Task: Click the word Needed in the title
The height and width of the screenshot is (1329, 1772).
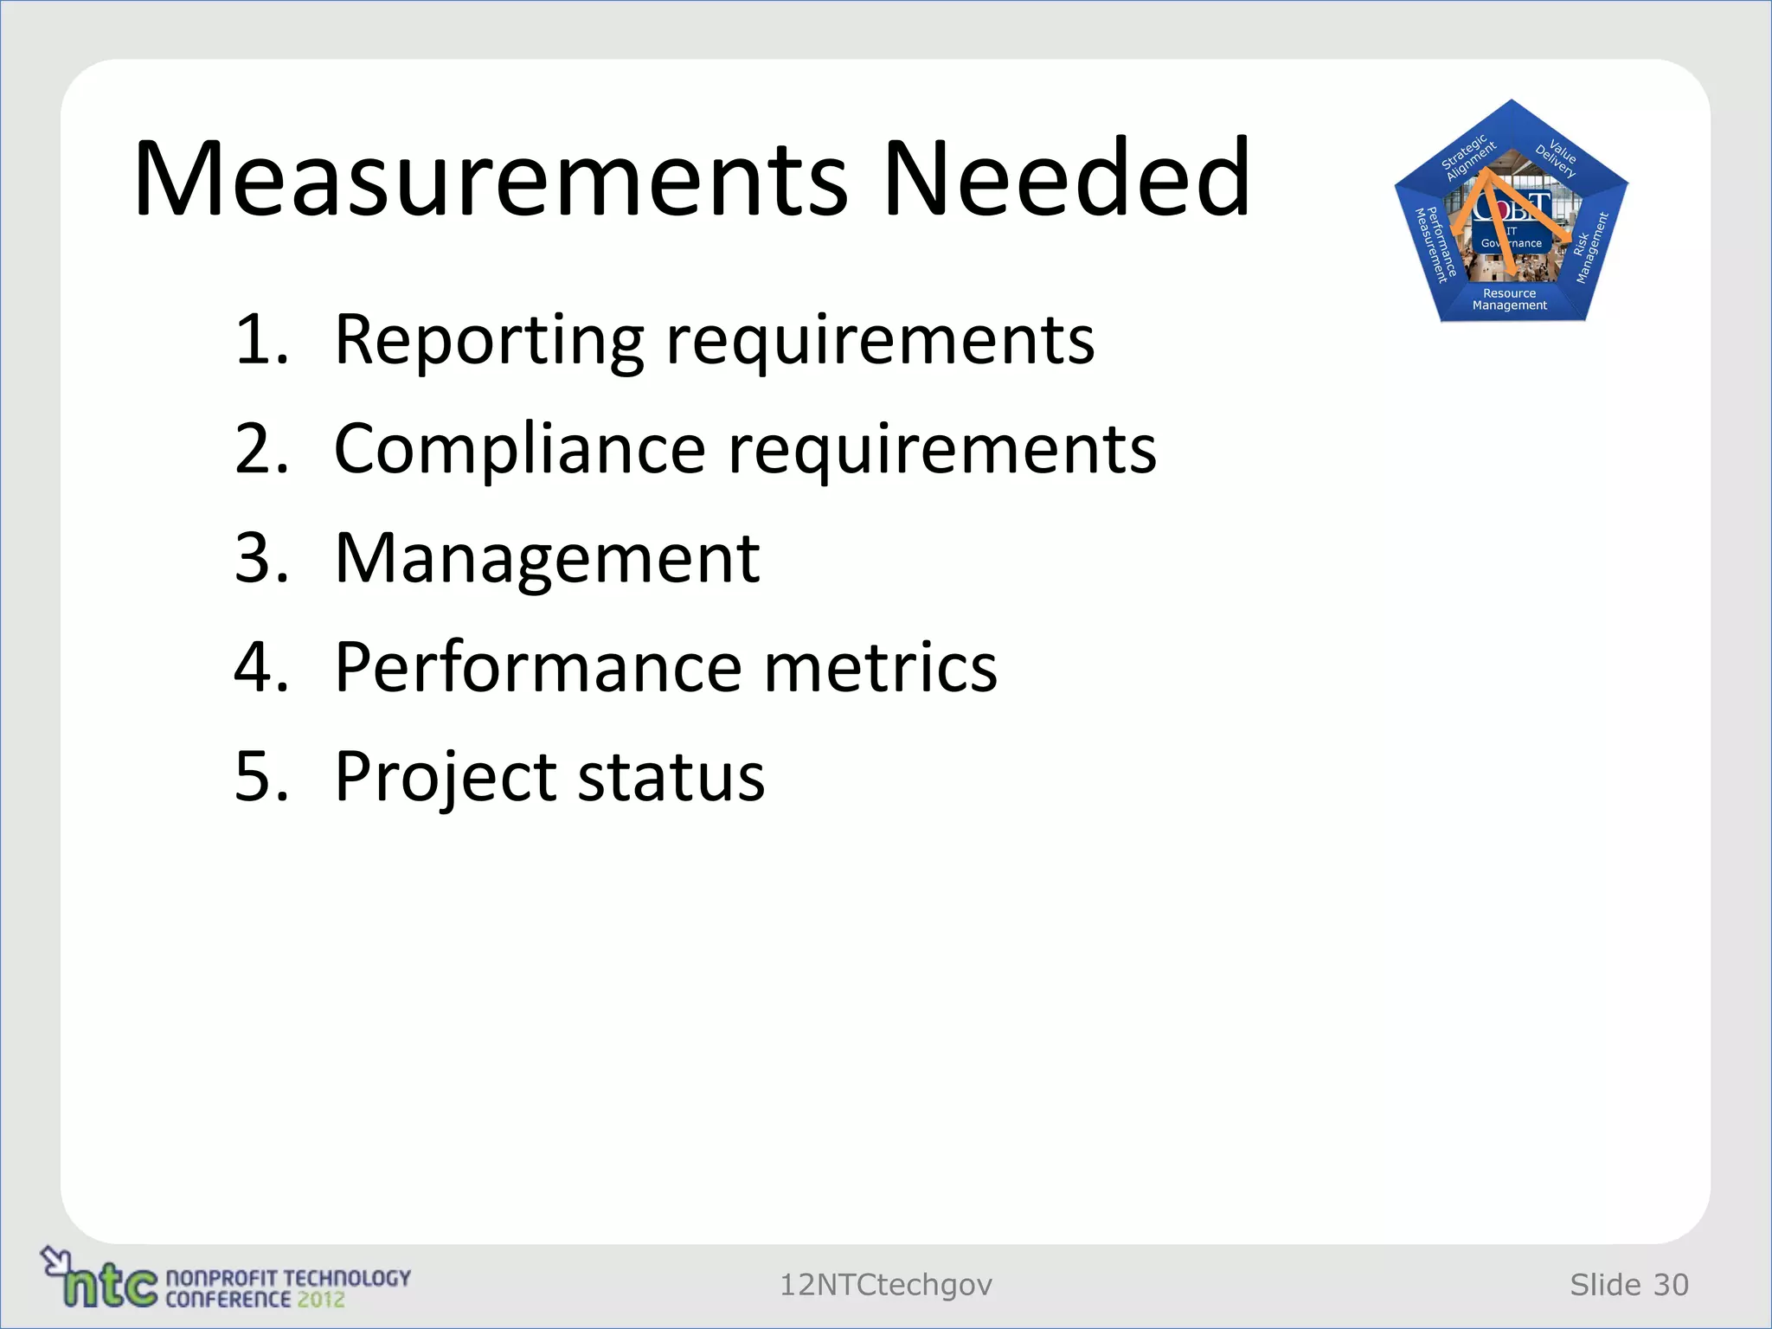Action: [1066, 179]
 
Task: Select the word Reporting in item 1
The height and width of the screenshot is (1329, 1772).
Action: [489, 340]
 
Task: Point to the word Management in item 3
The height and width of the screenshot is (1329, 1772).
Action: [547, 559]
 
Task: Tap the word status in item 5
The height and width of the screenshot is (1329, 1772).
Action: [671, 777]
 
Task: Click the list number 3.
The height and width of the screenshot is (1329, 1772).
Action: [260, 559]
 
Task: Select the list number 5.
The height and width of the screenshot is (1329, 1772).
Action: [260, 777]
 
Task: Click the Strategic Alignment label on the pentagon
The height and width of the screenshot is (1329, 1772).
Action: [1467, 157]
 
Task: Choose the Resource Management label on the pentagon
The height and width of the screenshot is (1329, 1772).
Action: [1510, 299]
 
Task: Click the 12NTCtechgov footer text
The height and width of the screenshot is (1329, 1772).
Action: [886, 1285]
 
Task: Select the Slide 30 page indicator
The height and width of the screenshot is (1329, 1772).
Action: [1629, 1285]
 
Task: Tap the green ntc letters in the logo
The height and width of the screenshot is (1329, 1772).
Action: [111, 1286]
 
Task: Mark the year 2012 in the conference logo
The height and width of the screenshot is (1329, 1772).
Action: [321, 1300]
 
